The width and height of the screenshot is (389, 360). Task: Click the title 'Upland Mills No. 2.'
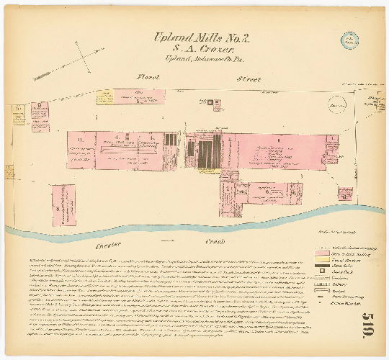pyautogui.click(x=197, y=38)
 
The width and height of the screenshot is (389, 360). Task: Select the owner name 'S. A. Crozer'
pyautogui.click(x=197, y=50)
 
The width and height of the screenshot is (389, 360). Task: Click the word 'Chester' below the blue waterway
pyautogui.click(x=107, y=246)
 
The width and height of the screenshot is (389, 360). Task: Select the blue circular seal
pyautogui.click(x=349, y=41)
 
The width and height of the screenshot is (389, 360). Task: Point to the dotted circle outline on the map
pyautogui.click(x=336, y=105)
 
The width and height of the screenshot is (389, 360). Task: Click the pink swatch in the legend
pyautogui.click(x=321, y=254)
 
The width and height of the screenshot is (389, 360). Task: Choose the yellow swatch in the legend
pyautogui.click(x=321, y=261)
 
